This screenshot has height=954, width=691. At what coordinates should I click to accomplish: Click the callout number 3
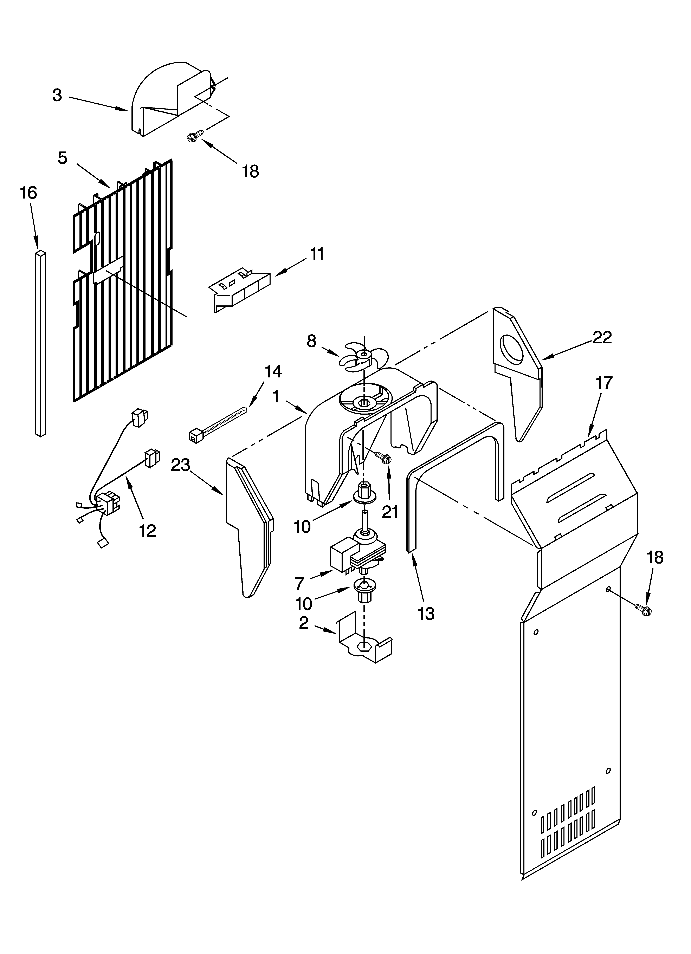[x=57, y=96]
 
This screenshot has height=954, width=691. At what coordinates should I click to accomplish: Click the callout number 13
[x=426, y=614]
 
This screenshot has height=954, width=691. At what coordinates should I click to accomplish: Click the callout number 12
[x=148, y=531]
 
